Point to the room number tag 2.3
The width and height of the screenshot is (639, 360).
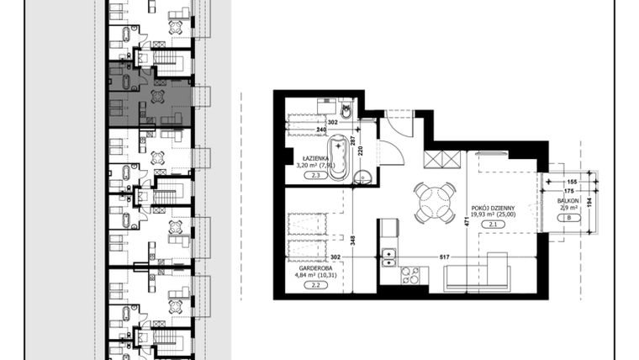(317, 176)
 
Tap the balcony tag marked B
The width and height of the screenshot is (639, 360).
(569, 219)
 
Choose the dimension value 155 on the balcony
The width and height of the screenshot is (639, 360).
(572, 181)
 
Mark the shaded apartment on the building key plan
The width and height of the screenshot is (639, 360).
(150, 94)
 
